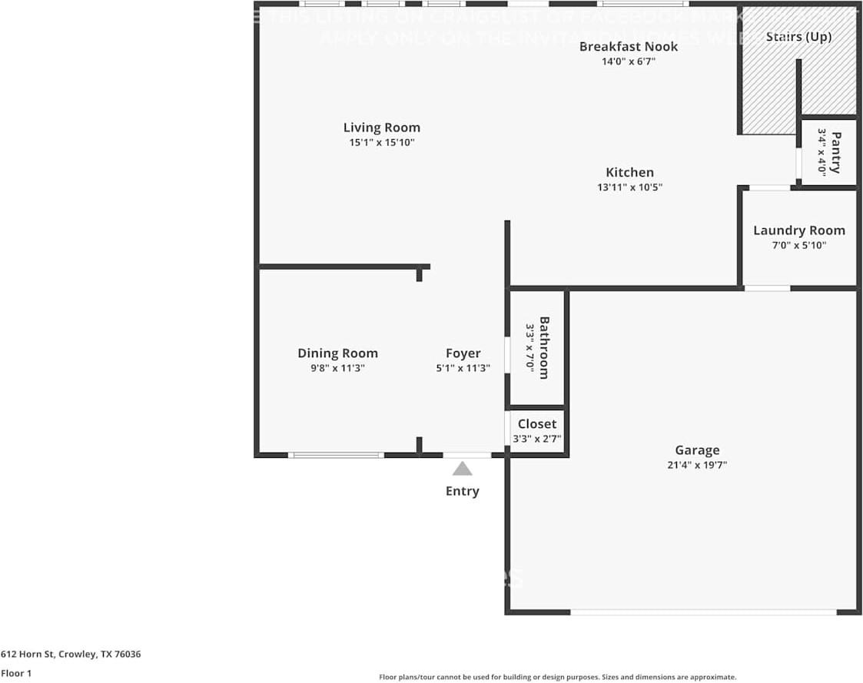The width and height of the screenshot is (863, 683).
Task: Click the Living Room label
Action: (381, 128)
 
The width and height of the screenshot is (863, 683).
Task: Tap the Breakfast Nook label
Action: (629, 46)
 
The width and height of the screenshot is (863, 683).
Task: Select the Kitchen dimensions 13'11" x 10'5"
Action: (629, 187)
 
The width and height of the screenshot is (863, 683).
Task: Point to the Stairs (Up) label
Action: (798, 37)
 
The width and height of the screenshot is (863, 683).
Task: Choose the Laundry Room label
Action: (798, 230)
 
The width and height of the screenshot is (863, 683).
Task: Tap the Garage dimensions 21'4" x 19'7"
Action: (697, 465)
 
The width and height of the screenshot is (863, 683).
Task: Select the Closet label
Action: (536, 424)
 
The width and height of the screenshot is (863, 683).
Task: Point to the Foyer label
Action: (463, 353)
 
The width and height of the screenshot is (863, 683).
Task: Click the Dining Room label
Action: (337, 353)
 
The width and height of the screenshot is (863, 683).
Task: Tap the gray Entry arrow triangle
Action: (462, 469)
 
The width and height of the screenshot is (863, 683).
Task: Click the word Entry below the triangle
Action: (462, 491)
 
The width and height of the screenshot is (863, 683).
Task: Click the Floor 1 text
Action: (16, 674)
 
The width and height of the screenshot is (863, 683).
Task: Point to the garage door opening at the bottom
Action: (702, 612)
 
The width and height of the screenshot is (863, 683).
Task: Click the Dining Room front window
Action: (336, 455)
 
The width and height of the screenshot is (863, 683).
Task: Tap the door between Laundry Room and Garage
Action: (767, 288)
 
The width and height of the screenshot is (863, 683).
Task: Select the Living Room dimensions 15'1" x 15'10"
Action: (381, 142)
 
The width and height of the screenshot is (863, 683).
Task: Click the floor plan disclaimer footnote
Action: (557, 677)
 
